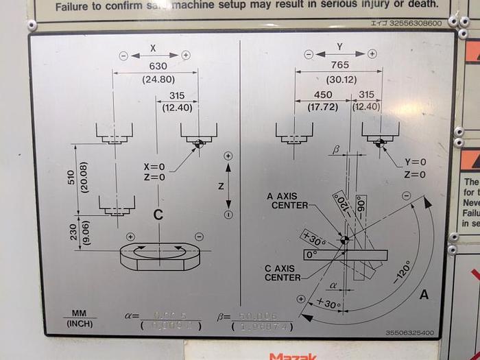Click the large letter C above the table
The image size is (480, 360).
pos(158,215)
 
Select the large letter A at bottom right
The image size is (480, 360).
pos(424,294)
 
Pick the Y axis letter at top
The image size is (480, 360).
pos(340,47)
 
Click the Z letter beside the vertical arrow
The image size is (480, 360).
pos(220,185)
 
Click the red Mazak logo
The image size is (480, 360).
pos(294,356)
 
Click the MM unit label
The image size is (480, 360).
pos(79,313)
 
